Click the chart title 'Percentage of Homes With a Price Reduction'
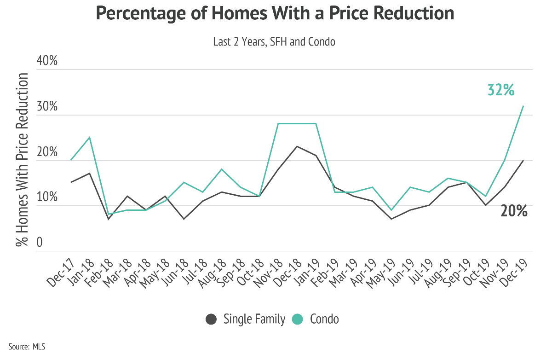(x=275, y=14)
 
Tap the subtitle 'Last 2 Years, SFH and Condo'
(x=274, y=41)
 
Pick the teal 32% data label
(x=500, y=90)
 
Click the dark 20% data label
(x=513, y=211)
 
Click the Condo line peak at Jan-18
(x=90, y=137)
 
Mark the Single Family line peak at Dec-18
(x=297, y=146)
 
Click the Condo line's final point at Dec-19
(x=523, y=106)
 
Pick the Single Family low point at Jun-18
(x=184, y=219)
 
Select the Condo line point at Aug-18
(x=222, y=169)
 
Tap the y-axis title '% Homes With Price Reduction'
(x=22, y=159)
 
